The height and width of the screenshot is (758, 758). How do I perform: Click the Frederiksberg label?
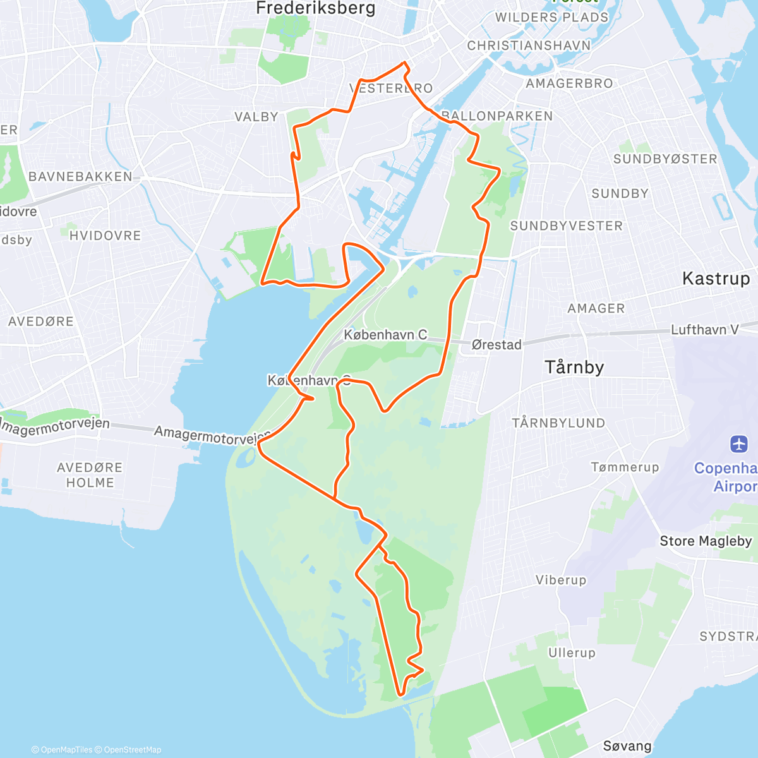(315, 8)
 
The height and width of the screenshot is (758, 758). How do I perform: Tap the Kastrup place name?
(716, 279)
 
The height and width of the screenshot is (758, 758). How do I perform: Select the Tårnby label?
(574, 367)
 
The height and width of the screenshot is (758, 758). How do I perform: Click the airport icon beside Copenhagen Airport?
(738, 444)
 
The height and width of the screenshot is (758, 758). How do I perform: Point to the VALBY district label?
(256, 117)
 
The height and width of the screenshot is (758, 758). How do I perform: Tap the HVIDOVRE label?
(105, 236)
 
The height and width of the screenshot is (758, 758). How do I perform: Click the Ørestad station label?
(496, 345)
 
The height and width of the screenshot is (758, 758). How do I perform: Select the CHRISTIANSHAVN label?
(529, 45)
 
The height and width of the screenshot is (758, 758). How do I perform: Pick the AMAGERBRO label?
(569, 83)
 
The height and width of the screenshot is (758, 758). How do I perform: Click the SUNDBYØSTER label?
(665, 159)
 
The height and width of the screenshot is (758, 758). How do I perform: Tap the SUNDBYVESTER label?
(566, 226)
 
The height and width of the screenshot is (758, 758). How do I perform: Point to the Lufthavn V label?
(704, 330)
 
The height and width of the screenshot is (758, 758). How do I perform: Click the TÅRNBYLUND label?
(558, 423)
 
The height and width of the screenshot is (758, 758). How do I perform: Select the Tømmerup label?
(625, 467)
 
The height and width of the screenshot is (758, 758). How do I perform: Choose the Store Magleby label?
(706, 541)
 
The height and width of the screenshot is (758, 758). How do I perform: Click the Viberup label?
(561, 580)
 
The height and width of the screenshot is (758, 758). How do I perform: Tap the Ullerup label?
(572, 653)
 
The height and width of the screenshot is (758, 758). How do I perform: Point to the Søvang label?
(627, 746)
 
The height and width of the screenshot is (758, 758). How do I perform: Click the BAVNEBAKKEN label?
(80, 177)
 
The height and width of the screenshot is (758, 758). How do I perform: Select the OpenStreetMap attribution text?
(132, 750)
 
